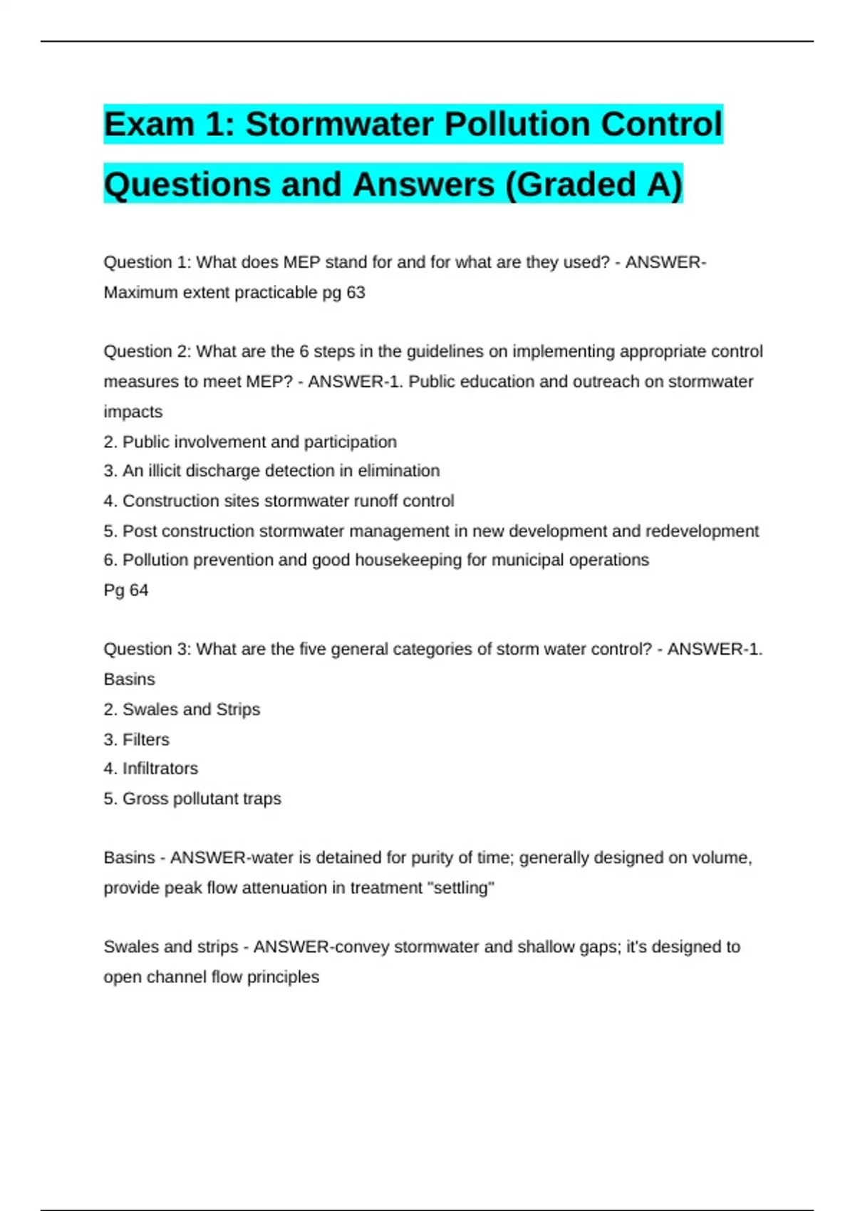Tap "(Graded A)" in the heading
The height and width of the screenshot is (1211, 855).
click(594, 184)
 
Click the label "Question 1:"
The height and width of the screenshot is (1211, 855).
click(147, 262)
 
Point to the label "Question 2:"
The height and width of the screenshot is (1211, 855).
click(147, 351)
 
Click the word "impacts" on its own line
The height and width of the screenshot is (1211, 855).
click(133, 412)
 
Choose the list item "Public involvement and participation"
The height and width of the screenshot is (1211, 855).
click(259, 442)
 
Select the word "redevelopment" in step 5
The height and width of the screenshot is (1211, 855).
click(702, 531)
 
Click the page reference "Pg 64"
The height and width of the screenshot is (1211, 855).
click(126, 590)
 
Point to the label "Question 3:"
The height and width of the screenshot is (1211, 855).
click(147, 649)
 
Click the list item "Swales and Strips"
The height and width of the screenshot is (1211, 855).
click(191, 710)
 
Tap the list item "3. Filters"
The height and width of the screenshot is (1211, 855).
click(137, 739)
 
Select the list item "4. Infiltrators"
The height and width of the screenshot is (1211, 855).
click(151, 769)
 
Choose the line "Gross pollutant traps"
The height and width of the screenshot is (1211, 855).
click(202, 799)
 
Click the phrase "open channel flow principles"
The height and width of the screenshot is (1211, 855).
click(212, 977)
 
